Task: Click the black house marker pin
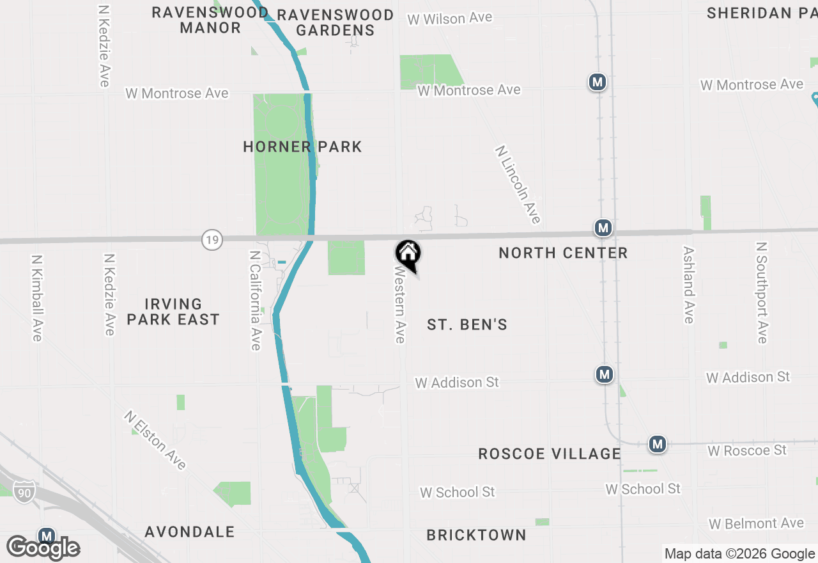tap(408, 255)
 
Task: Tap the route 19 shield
tap(212, 241)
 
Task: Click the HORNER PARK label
tap(302, 147)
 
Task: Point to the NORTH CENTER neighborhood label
tap(563, 253)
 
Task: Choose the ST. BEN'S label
tap(467, 325)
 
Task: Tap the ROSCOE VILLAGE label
tap(550, 454)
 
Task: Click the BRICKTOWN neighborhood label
tap(476, 535)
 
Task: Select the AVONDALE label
tap(190, 532)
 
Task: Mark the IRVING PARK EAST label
tap(173, 312)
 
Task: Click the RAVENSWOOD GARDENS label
tap(336, 22)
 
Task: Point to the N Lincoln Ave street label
tap(518, 184)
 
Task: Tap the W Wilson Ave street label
tap(450, 19)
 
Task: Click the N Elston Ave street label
tap(155, 440)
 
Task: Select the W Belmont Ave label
tap(756, 524)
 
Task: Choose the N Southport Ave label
tap(761, 292)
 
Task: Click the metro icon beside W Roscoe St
tap(658, 444)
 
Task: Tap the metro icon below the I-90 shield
tap(46, 535)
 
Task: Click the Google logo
tap(43, 548)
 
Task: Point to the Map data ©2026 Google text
tap(739, 554)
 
